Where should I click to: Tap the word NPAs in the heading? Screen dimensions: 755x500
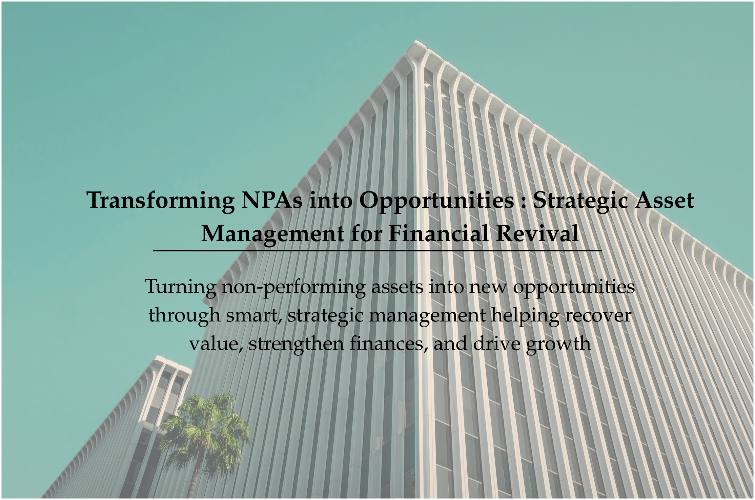[x=272, y=200]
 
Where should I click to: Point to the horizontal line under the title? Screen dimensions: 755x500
[x=377, y=251]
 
